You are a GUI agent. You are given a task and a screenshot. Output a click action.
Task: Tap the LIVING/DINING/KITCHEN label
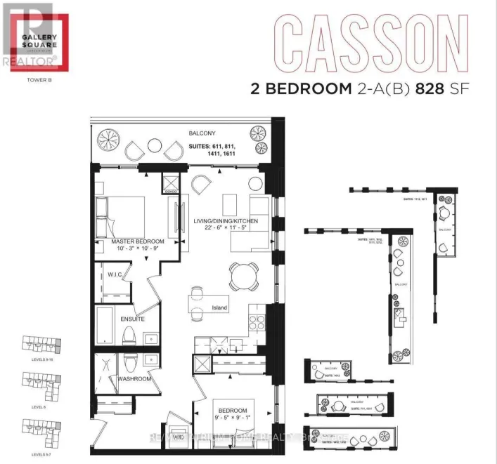[226, 221]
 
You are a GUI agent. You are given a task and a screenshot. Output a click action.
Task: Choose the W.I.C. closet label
[116, 274]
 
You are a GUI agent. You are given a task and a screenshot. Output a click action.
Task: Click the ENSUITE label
[132, 319]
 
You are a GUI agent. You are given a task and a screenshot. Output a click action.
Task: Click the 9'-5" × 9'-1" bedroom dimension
[233, 419]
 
